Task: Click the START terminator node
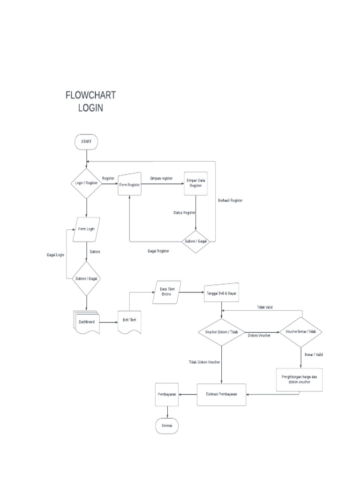tap(87, 142)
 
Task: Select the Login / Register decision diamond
tap(87, 183)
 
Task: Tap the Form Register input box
tap(129, 184)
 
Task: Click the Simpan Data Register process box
tap(195, 183)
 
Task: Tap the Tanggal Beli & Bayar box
tap(222, 293)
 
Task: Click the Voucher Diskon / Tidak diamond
tap(222, 331)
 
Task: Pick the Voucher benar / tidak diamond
tap(301, 331)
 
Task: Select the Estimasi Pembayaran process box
tap(222, 394)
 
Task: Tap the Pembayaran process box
tap(166, 395)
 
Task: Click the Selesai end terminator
tap(166, 426)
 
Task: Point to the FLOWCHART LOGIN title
tap(90, 101)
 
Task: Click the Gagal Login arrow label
tap(55, 255)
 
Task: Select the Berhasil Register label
tap(230, 201)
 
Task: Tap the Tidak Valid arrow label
tap(265, 307)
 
